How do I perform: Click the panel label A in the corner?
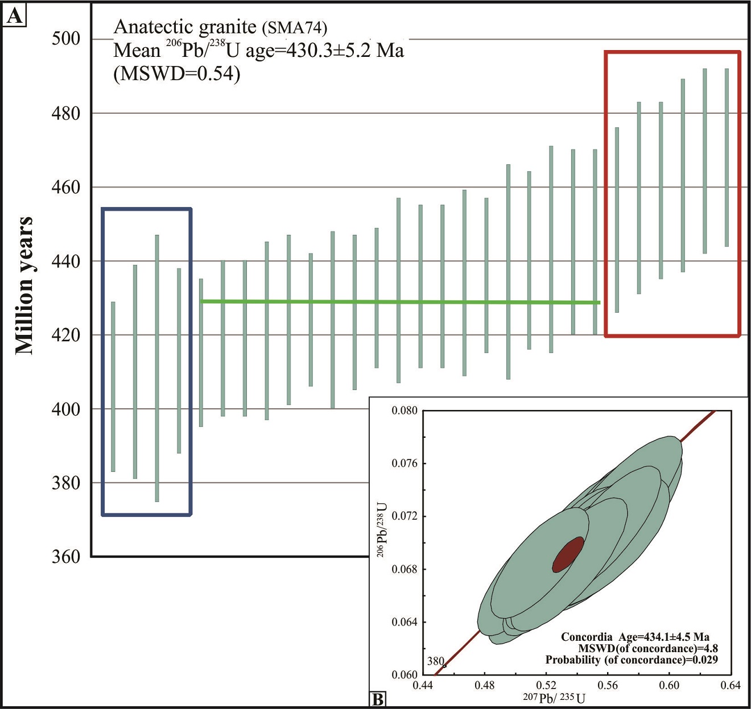point(14,15)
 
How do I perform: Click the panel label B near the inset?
point(377,699)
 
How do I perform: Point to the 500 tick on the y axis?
point(66,39)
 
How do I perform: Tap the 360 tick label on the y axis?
point(66,557)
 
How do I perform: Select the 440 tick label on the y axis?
point(66,261)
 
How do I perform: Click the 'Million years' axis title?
point(24,285)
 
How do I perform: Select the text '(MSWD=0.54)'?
point(176,74)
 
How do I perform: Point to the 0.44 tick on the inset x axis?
point(423,685)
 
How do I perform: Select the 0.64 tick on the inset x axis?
point(731,685)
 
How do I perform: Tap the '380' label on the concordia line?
point(435,661)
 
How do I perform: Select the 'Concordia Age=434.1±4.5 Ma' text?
point(635,637)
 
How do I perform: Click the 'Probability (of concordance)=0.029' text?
point(631,660)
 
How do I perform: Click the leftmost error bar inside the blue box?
point(113,387)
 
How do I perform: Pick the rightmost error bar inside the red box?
point(727,157)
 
